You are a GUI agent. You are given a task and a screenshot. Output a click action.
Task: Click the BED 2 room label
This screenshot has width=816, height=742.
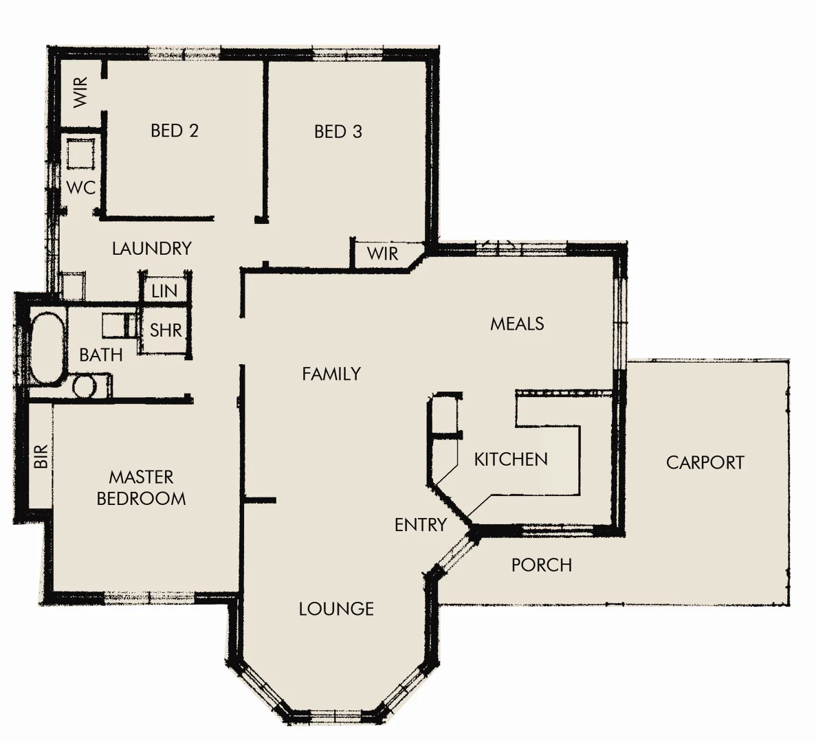tap(174, 131)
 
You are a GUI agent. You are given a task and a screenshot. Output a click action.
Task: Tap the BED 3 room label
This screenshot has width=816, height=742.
tap(338, 131)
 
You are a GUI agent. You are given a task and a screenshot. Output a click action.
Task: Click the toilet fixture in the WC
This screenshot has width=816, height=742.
tap(80, 154)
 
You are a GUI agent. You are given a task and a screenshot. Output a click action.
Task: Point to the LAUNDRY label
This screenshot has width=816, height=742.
tap(151, 248)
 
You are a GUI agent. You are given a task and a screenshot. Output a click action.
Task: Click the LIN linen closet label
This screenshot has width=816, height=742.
tap(164, 291)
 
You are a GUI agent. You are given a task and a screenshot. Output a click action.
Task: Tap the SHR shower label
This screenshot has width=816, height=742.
tap(166, 330)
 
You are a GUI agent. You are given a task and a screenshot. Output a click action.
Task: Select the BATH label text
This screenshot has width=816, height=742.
tap(100, 355)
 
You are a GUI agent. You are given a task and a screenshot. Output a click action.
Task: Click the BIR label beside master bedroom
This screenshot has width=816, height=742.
tap(41, 456)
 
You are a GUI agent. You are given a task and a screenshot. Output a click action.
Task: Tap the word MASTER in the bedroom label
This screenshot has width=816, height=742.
tap(141, 477)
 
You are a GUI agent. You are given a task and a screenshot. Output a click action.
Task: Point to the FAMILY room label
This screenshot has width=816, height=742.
tap(331, 374)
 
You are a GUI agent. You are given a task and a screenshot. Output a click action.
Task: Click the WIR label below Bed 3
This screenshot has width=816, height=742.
tap(382, 254)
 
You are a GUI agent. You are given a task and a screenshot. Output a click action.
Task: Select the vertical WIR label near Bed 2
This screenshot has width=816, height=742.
tap(80, 92)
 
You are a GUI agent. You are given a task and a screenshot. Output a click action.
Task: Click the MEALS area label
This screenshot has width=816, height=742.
tap(517, 324)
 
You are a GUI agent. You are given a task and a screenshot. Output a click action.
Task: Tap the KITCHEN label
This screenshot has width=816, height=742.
tap(511, 459)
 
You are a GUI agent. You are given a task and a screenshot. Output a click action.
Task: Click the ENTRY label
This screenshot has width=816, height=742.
tap(420, 525)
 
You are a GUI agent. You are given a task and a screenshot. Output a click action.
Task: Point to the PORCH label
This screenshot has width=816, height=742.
tap(541, 565)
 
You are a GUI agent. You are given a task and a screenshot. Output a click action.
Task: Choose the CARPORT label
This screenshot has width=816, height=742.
tap(705, 462)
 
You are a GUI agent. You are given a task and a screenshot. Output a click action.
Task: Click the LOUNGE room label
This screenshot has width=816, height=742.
tap(336, 609)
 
